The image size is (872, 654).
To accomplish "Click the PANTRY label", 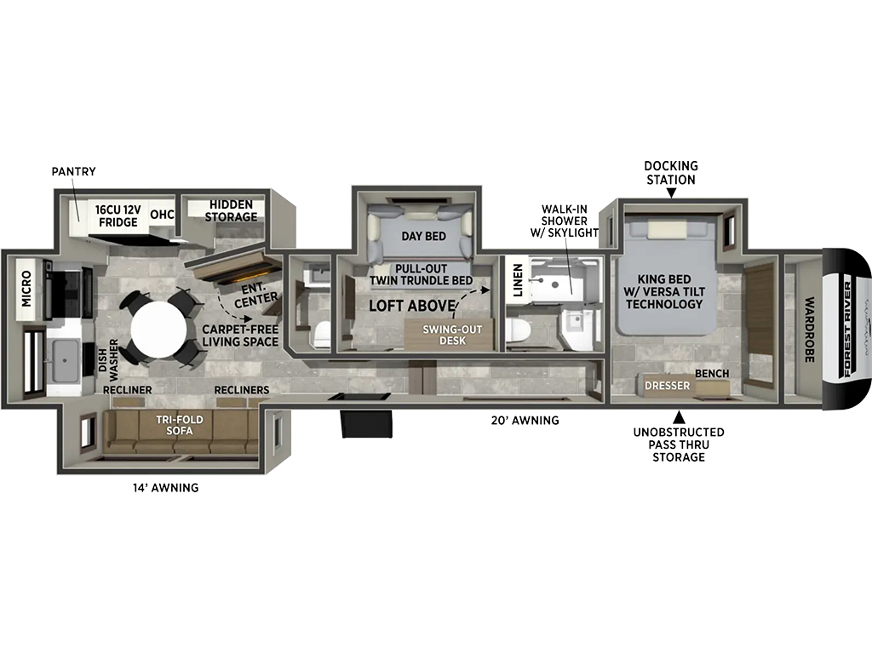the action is (73, 171).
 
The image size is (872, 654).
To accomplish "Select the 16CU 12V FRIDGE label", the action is (118, 215).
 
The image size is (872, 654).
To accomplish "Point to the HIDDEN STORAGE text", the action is (231, 211).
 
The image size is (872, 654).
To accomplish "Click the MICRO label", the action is (26, 289).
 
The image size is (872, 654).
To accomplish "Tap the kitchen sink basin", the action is (65, 360).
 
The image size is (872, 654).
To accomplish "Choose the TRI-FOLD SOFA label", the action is (179, 425).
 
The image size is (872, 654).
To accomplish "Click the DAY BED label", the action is (424, 236).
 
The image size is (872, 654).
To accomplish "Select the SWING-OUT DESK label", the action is (452, 334).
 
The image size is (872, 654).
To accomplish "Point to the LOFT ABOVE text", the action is (413, 306).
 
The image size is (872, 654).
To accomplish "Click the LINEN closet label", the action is (518, 280).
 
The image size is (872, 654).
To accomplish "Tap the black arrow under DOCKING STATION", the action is (671, 193).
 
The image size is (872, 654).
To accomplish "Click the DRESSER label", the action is (668, 386).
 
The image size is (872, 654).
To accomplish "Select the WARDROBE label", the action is (810, 330).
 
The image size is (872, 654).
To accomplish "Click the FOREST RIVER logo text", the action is (847, 330).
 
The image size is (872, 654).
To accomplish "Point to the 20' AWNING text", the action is (525, 421).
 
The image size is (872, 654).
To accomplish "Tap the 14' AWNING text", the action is (165, 488).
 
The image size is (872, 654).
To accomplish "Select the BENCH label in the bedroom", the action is (712, 373).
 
